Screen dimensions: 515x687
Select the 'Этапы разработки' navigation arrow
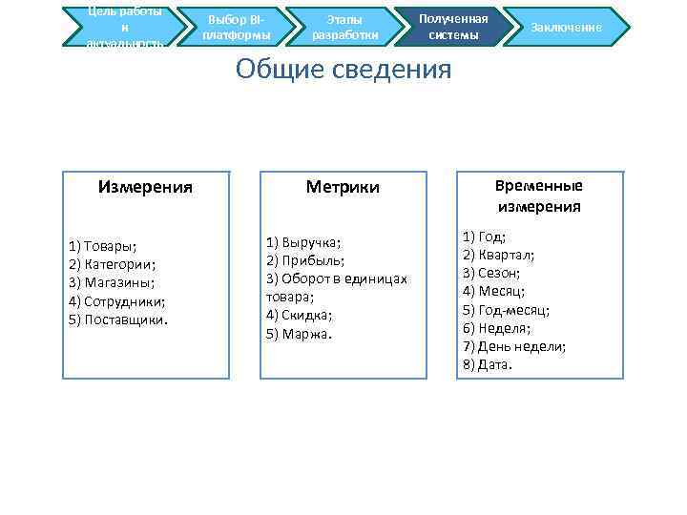(344, 28)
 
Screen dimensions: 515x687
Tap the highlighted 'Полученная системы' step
(453, 27)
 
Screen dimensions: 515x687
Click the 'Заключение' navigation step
(566, 28)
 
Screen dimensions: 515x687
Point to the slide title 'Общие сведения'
(343, 70)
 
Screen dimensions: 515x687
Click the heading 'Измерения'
(145, 187)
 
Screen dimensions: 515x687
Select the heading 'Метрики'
(343, 187)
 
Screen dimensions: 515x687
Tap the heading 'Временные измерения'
(539, 196)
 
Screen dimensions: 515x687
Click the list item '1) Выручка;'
(303, 242)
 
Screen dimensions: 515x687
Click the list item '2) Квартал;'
(498, 255)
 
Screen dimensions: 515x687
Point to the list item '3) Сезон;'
(491, 273)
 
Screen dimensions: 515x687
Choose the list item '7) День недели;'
(514, 346)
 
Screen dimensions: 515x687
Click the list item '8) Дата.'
(488, 364)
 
